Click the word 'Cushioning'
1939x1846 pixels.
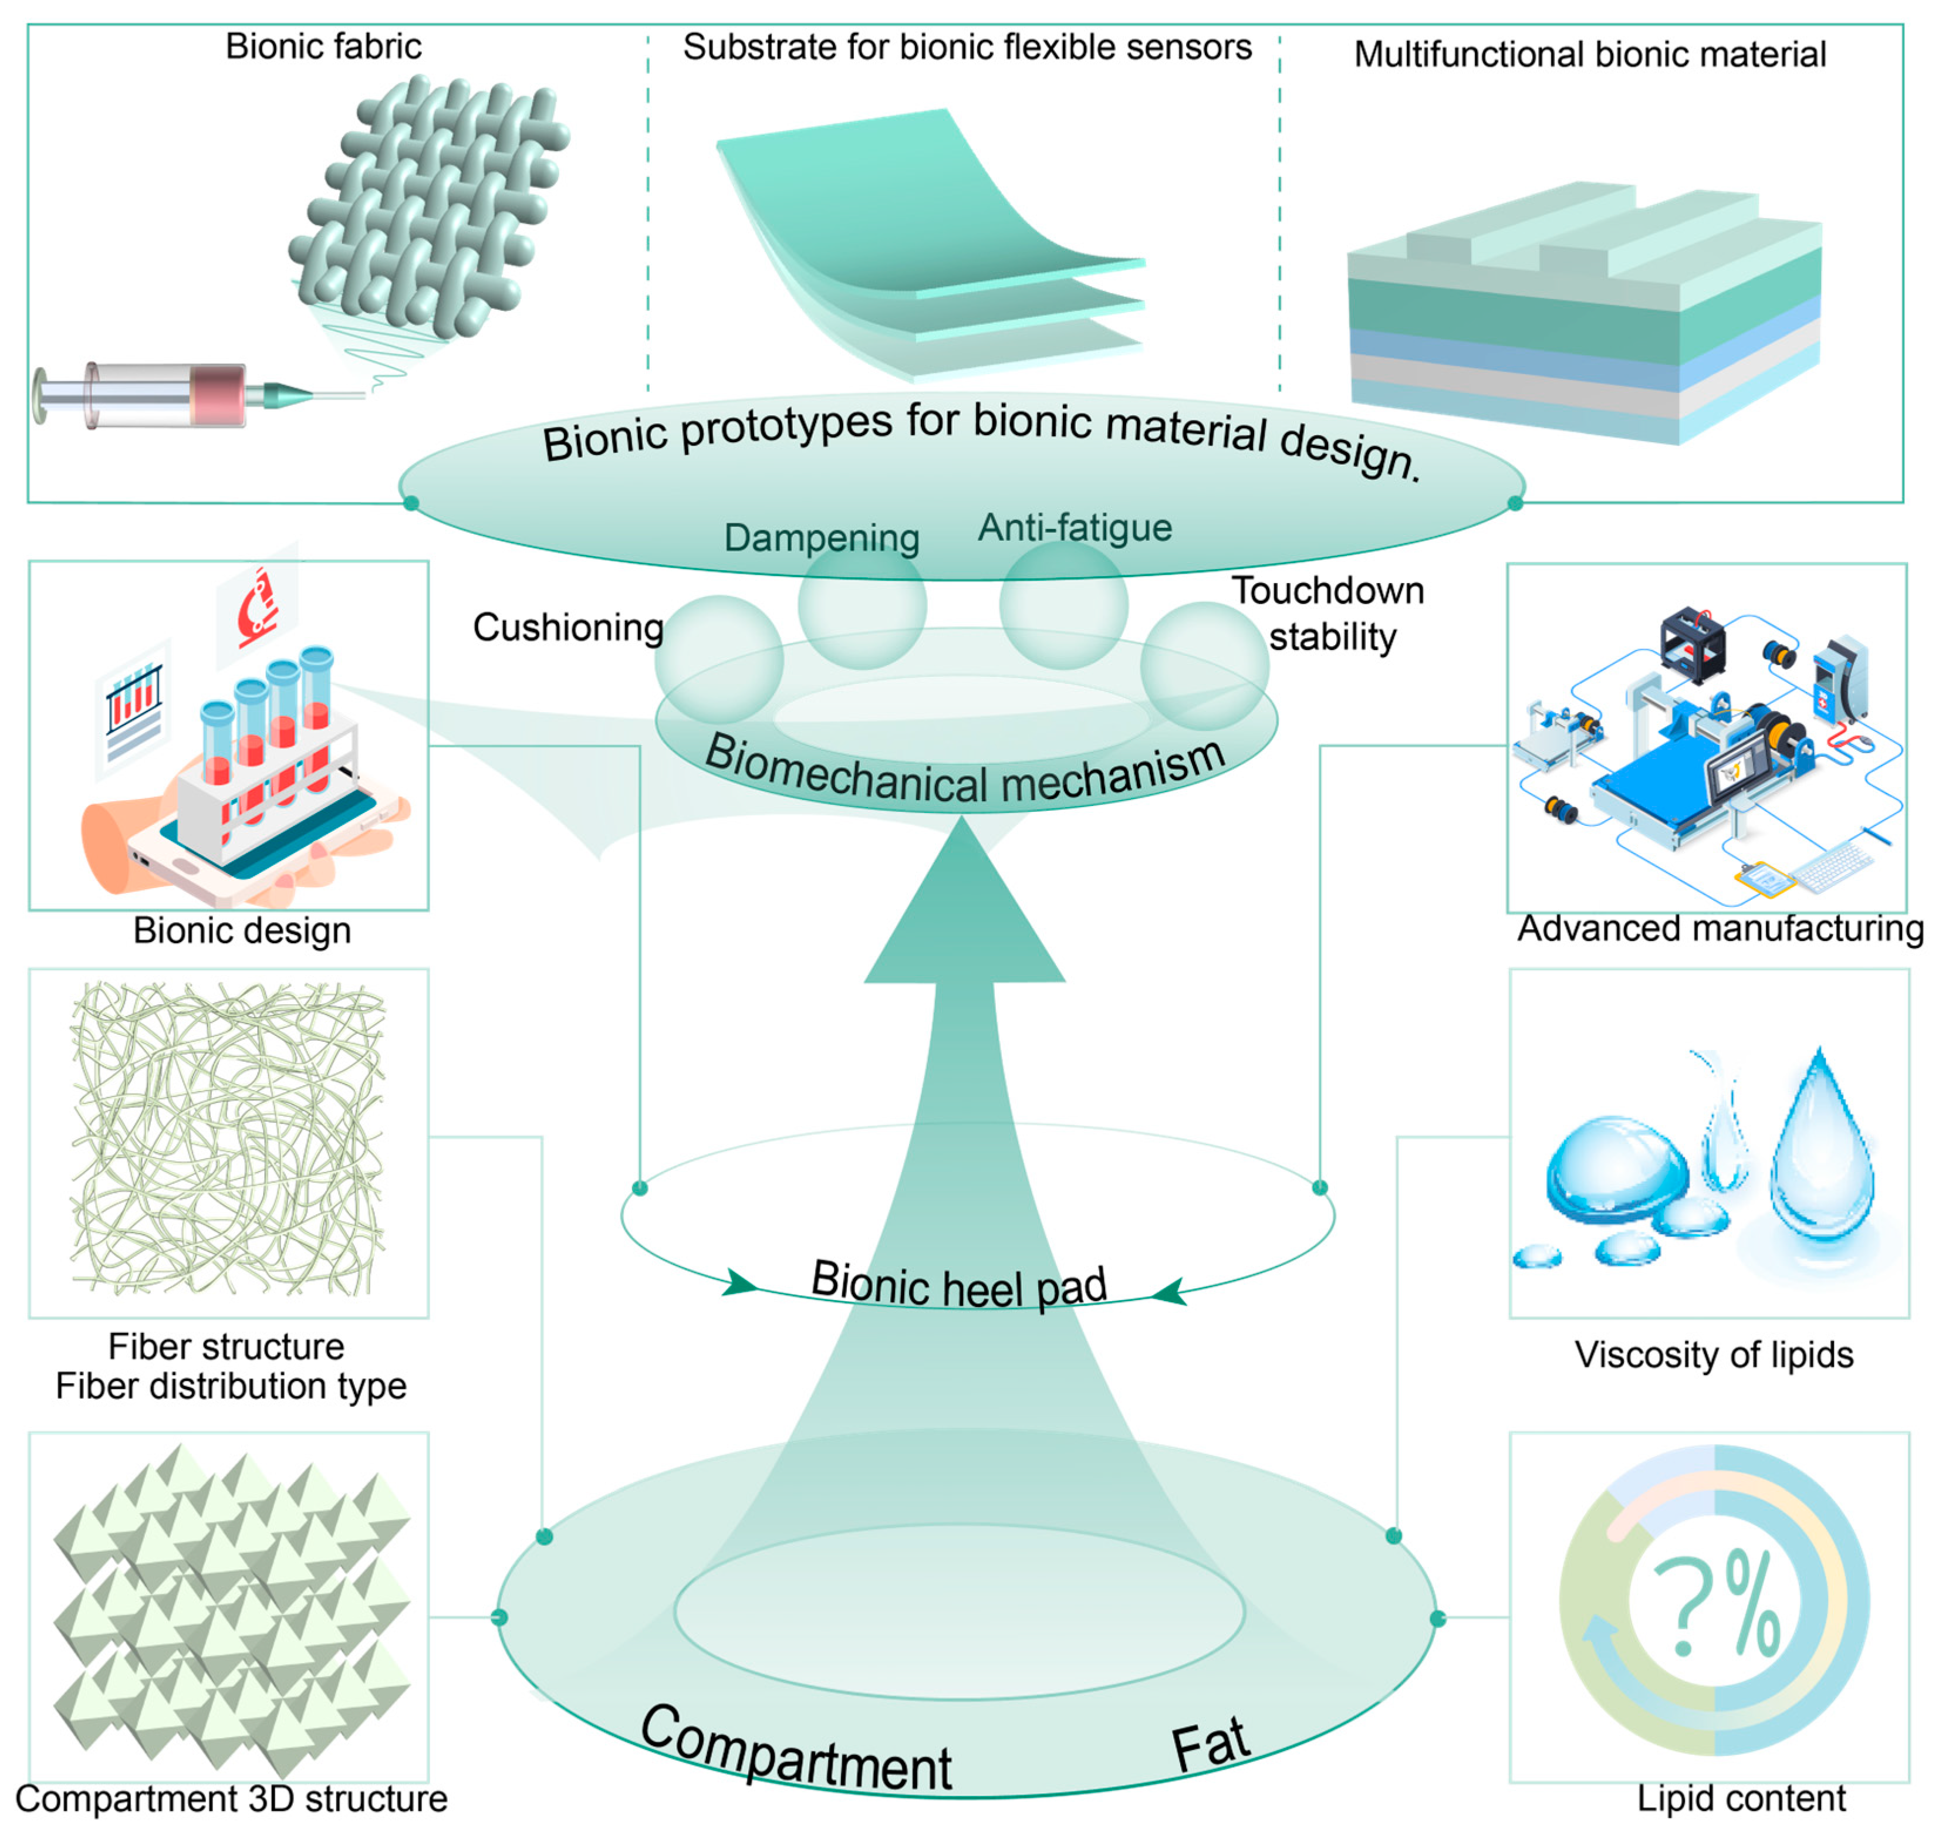click(x=568, y=627)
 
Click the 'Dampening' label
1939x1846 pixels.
click(x=821, y=537)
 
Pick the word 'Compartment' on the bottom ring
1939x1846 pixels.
click(x=795, y=1753)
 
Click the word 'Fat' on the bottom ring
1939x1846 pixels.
click(x=1211, y=1745)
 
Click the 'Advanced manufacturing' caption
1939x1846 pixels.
click(x=1720, y=928)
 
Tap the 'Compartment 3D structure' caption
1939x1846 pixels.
click(x=231, y=1798)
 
